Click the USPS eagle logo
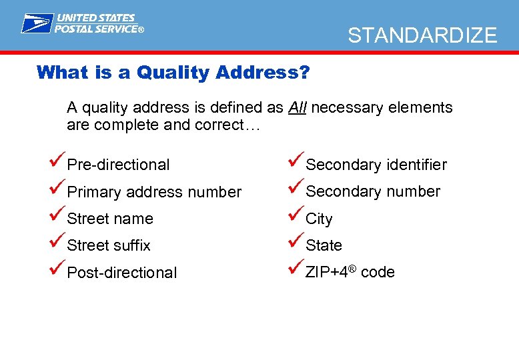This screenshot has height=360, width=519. point(36,23)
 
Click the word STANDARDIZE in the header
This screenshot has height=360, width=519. point(422,35)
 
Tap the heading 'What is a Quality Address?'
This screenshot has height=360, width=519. point(173,72)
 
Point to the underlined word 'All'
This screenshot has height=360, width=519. point(298,107)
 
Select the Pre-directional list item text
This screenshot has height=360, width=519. point(118,165)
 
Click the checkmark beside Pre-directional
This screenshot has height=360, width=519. point(57,161)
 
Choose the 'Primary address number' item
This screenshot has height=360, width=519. point(154,192)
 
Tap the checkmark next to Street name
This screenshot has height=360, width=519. point(57,215)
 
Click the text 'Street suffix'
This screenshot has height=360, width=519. point(109,245)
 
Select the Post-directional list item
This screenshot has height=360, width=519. point(122,273)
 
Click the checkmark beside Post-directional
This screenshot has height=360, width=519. point(57,269)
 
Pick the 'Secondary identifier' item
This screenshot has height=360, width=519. point(376,165)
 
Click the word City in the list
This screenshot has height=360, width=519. point(319,219)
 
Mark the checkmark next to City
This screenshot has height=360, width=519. point(296,215)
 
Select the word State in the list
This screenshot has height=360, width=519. point(324,245)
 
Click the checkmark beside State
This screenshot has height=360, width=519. point(296,242)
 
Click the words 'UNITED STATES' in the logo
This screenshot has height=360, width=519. point(96,18)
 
